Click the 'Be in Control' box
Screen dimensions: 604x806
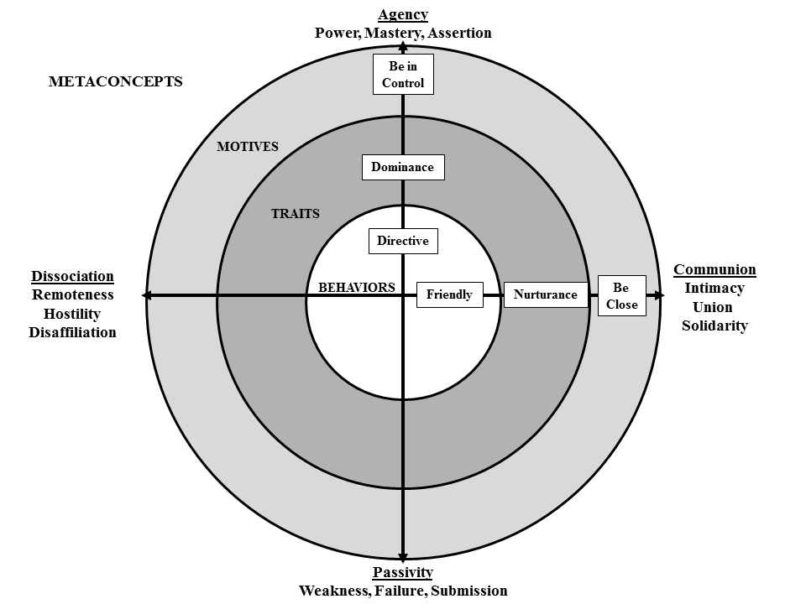[x=403, y=75]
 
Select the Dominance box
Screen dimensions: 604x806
[x=402, y=167]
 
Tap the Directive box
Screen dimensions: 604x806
[x=403, y=242]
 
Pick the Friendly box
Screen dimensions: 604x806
[x=449, y=294]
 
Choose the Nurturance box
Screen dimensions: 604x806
[x=545, y=294]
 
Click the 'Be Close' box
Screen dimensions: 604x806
[x=621, y=296]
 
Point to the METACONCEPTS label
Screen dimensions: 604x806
[x=115, y=82]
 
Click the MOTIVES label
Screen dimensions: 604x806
[x=247, y=147]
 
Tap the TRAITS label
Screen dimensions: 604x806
[x=295, y=214]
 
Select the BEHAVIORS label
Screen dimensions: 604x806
[x=356, y=287]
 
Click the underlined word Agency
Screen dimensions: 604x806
[x=403, y=14]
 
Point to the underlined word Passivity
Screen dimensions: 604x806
[x=403, y=572]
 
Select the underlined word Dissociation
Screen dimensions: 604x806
[x=72, y=276]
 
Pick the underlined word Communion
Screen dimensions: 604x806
[x=714, y=270]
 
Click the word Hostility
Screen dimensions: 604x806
[x=72, y=314]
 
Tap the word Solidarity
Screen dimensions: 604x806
[x=714, y=325]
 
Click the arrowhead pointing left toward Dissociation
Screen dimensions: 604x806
[x=147, y=295]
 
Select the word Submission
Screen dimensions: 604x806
[x=468, y=591]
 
